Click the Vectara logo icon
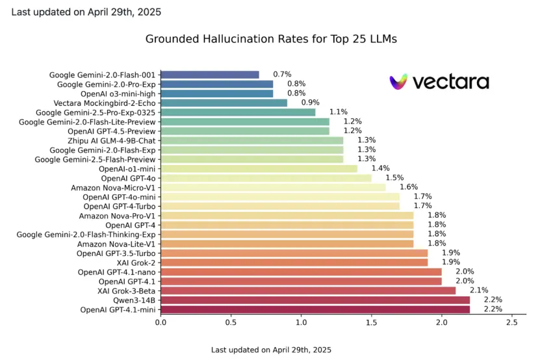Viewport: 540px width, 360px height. [399, 82]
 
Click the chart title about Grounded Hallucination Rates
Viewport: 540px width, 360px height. [270, 39]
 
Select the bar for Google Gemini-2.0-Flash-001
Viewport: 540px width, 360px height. [209, 75]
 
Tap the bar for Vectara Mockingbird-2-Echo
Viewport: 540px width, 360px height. [224, 103]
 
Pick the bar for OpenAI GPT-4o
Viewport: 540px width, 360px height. [266, 178]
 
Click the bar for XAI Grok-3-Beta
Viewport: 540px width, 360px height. [308, 291]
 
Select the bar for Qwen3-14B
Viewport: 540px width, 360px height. [315, 300]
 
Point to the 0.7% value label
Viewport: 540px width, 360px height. [281, 75]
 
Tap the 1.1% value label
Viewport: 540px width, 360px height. [337, 112]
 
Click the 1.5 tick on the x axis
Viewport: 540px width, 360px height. [371, 322]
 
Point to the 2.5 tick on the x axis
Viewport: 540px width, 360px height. [511, 322]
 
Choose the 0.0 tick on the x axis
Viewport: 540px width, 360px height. [161, 322]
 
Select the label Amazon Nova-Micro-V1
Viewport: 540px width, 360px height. [112, 188]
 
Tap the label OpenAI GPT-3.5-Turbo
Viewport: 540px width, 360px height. [116, 253]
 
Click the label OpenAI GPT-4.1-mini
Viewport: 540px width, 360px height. [118, 310]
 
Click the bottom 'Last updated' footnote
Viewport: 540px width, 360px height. [271, 350]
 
